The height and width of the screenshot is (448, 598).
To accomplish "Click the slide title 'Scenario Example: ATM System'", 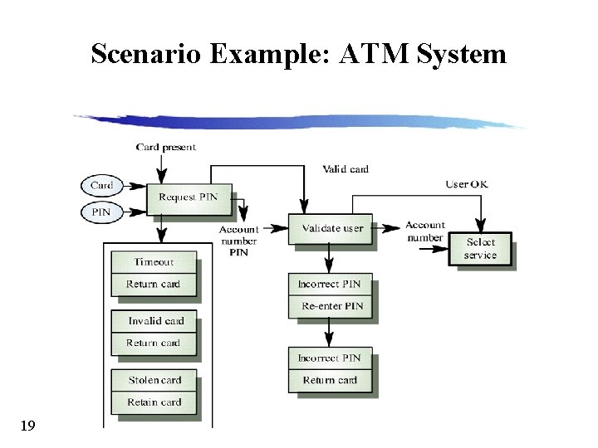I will point(298,54).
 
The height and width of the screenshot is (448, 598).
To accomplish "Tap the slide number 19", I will point(27,426).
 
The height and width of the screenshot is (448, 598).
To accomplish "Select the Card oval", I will point(101,186).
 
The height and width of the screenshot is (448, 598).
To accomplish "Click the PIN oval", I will point(100,212).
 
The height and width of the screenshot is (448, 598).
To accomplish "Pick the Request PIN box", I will point(189,198).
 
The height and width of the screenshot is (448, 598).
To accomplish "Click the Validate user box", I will point(331,229).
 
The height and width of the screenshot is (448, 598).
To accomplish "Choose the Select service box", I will point(480,249).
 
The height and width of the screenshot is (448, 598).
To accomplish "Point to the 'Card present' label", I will point(166,148).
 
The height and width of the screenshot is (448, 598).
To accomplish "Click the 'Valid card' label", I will point(346,169).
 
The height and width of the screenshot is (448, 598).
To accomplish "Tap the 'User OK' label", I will point(467,184).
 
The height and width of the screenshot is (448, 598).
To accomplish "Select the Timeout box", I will point(154,262).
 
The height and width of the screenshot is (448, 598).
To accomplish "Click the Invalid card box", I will point(155,321).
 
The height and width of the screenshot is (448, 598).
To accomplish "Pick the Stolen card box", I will point(154,380).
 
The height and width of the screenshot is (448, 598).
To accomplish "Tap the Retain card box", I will point(154,402).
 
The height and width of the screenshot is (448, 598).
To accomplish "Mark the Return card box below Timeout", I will point(154,284).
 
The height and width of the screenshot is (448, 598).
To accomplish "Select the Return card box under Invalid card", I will point(154,343).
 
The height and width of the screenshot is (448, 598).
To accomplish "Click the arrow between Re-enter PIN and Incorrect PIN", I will point(330,332).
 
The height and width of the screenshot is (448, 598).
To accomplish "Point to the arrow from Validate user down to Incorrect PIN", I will point(330,258).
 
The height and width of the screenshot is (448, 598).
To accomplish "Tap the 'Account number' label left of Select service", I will point(425,231).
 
